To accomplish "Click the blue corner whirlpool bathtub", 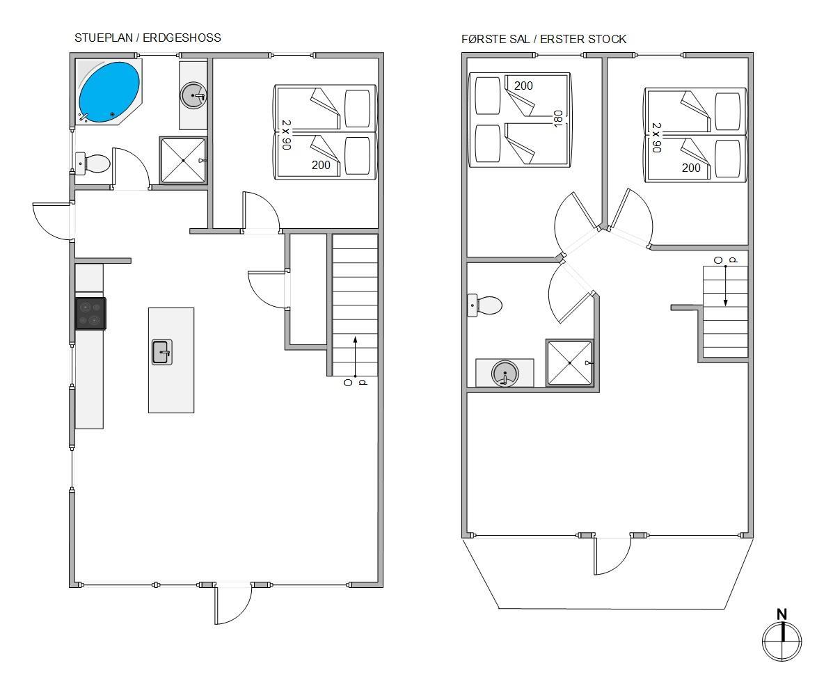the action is [x=109, y=92].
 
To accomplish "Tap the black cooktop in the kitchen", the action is [x=91, y=313].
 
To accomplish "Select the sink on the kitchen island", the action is [x=162, y=351].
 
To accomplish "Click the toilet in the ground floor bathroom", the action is [x=93, y=163].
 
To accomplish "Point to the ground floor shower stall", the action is [x=183, y=160].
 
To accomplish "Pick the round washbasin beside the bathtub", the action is [x=193, y=95].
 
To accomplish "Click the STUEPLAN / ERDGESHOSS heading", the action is [x=148, y=38].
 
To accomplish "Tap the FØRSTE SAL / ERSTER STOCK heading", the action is [x=544, y=39].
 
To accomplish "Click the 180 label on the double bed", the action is [x=558, y=118].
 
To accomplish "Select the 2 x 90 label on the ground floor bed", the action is [x=286, y=134].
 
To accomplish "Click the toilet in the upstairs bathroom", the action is [x=485, y=305].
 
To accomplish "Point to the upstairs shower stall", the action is [x=569, y=362].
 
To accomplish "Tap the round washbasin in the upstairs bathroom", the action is [x=505, y=373].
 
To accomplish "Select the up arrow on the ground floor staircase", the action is [x=355, y=356].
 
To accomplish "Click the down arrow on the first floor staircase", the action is [x=726, y=286].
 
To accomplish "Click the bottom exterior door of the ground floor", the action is [x=233, y=604].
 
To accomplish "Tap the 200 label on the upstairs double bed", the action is [x=523, y=86].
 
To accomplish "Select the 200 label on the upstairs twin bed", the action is [x=691, y=168].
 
